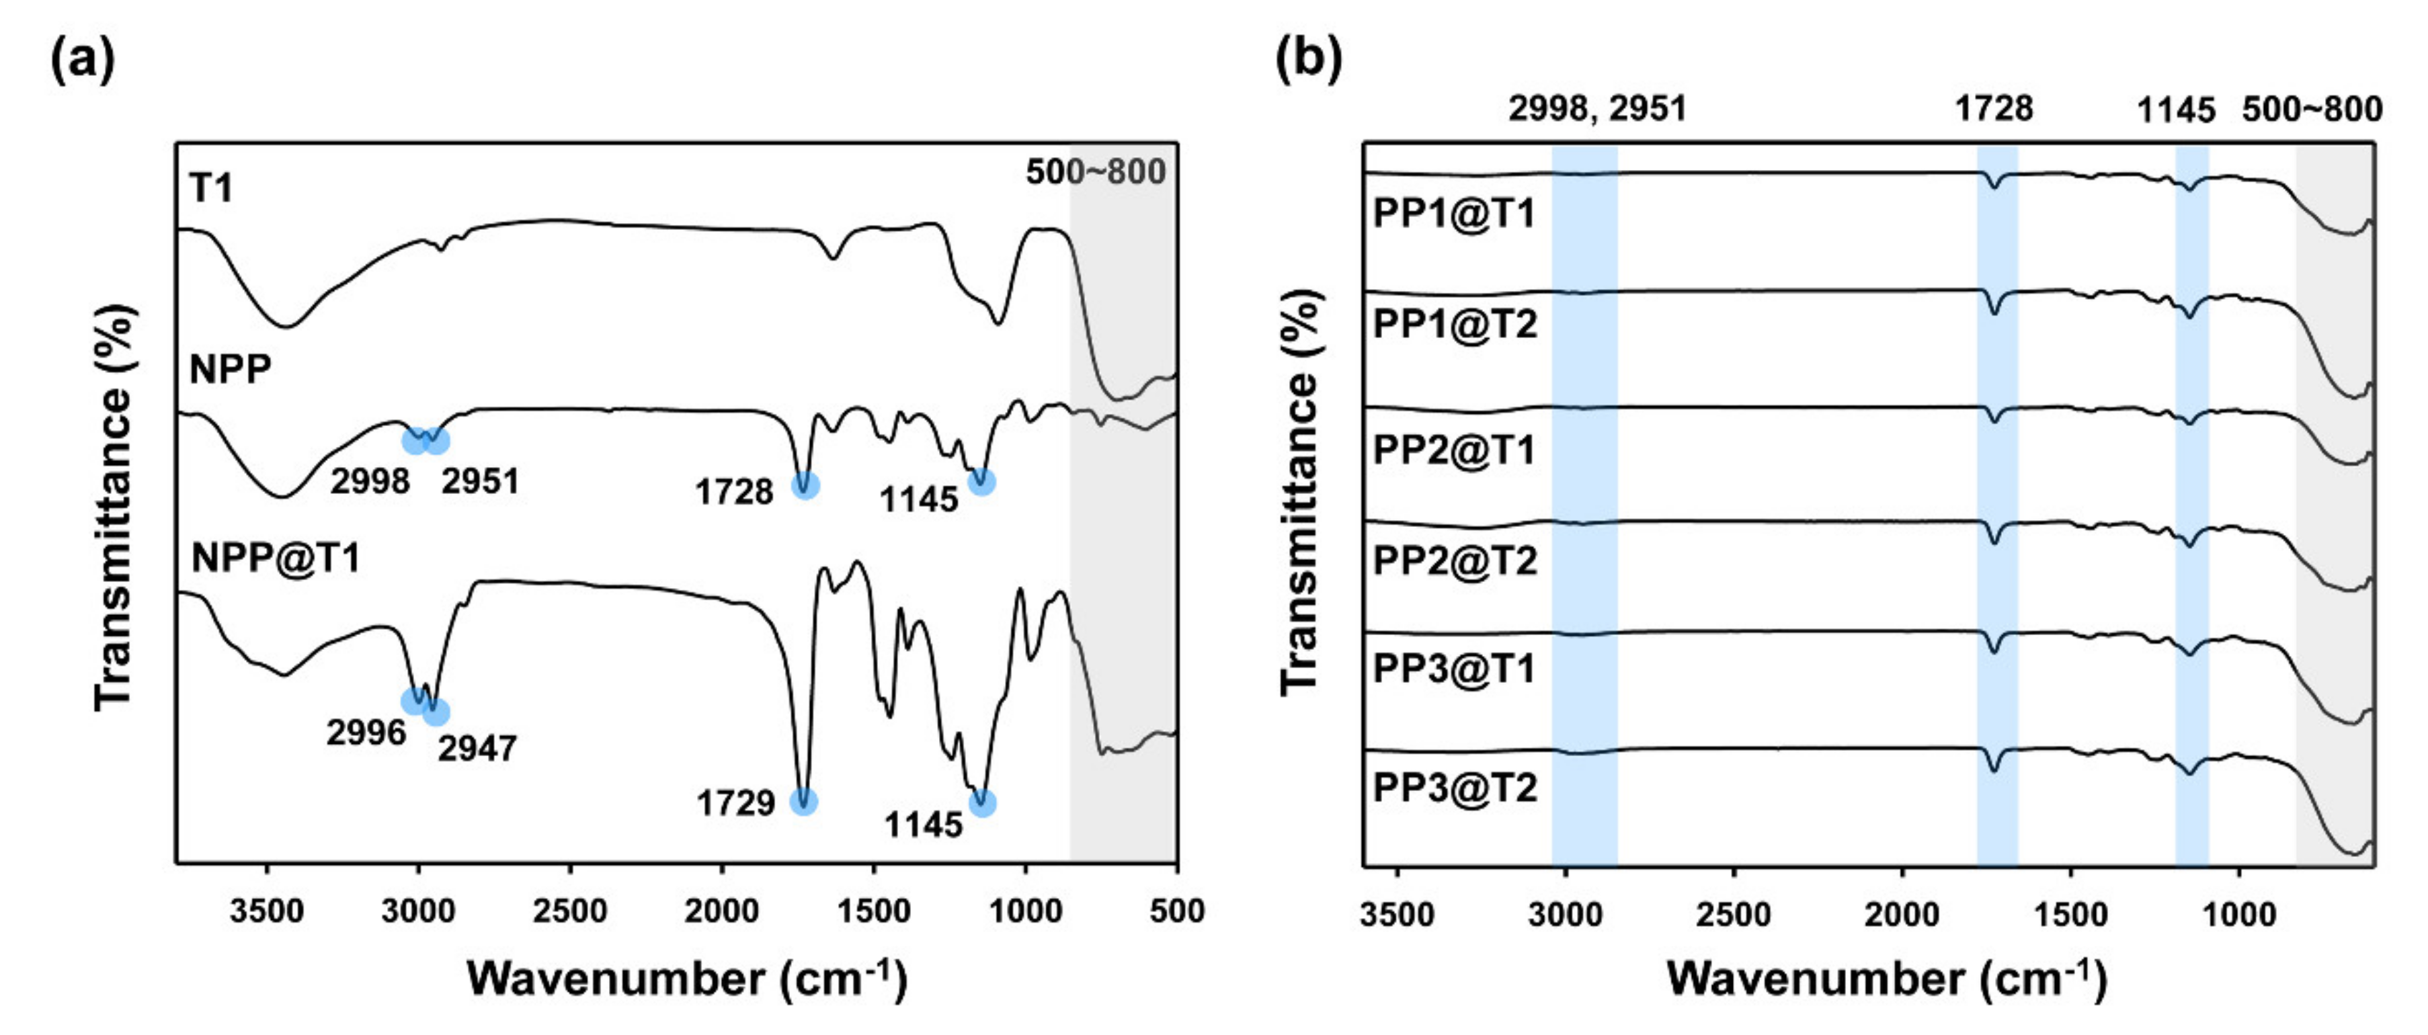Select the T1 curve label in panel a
[211, 189]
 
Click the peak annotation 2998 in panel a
[370, 482]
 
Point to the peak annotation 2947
[477, 749]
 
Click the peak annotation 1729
[736, 803]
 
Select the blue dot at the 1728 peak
[804, 485]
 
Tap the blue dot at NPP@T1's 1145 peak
[982, 803]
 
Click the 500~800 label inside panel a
[1095, 173]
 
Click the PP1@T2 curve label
[1455, 324]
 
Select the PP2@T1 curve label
[1455, 450]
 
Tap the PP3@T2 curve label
[1455, 787]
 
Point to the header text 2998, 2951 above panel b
[1596, 110]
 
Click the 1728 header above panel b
[1994, 110]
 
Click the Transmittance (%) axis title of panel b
[1301, 492]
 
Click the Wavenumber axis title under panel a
[687, 979]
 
